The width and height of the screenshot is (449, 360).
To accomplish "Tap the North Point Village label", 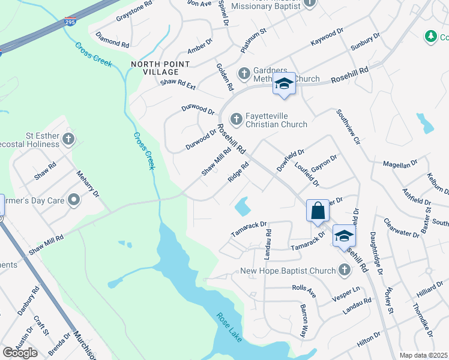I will (160, 68).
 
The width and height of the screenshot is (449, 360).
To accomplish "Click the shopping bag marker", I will (318, 211).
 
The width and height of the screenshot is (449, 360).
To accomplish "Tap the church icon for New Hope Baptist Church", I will (344, 271).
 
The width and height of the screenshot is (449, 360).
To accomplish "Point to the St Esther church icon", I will (68, 140).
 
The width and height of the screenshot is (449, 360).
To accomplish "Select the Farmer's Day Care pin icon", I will (74, 199).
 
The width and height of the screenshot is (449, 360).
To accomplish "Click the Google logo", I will (20, 352).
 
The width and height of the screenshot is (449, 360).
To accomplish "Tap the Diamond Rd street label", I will (112, 40).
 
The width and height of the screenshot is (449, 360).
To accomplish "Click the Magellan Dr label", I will (400, 164).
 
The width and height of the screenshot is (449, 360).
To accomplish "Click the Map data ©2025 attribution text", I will (423, 355).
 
